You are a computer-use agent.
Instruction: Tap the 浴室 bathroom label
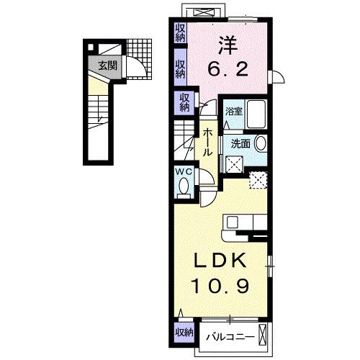pos(233,112)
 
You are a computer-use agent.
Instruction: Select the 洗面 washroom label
pos(240,143)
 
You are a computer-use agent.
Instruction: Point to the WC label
pos(183,172)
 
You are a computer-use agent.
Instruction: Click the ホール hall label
pos(207,143)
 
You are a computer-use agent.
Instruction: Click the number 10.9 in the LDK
pos(222,287)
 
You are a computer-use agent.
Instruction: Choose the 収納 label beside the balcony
pos(184,332)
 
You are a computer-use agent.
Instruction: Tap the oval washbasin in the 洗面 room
pos(260,143)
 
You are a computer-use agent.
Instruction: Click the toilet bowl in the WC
pos(183,188)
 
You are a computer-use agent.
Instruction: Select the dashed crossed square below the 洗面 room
pos(258,180)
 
